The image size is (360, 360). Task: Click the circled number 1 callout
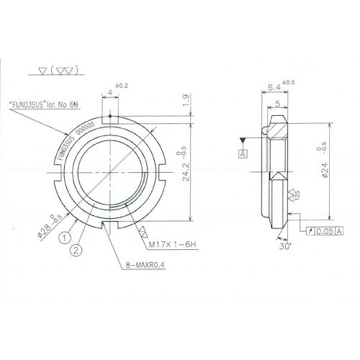coord(65,234)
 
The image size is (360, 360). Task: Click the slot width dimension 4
coord(109,91)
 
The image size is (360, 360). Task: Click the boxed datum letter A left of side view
coord(244,153)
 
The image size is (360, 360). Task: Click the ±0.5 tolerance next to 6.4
coord(287,81)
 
